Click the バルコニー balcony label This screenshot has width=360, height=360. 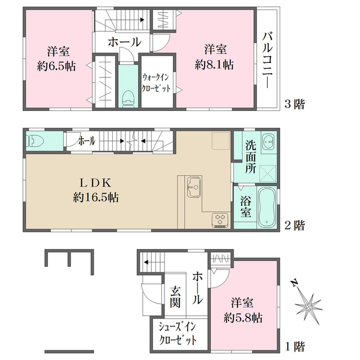[x=268, y=61]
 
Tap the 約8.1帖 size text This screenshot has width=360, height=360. [x=214, y=65]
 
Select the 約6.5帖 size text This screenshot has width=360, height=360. [x=56, y=67]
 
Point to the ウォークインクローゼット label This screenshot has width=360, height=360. [x=157, y=83]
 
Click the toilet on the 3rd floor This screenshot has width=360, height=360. [x=128, y=99]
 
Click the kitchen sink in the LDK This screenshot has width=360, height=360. [x=194, y=187]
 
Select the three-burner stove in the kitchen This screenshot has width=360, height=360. [x=220, y=220]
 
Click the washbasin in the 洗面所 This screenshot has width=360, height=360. [x=268, y=142]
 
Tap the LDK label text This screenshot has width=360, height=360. [x=95, y=183]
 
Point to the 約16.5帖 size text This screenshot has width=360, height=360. [x=96, y=197]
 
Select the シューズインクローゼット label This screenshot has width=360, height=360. [x=178, y=333]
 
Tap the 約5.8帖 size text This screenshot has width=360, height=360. [x=243, y=318]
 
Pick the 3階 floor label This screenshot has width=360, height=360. [x=295, y=104]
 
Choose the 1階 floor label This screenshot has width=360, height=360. [x=295, y=346]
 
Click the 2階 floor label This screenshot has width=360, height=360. [x=295, y=225]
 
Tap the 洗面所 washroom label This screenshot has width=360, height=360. [x=251, y=157]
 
